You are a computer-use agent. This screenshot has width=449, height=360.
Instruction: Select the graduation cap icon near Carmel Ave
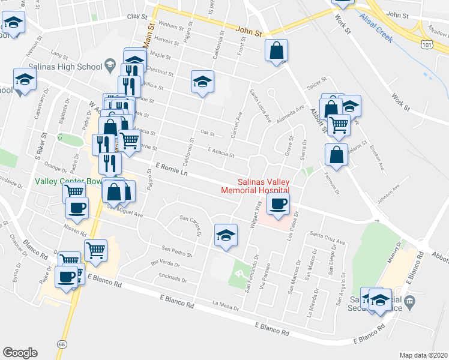tap(203, 81)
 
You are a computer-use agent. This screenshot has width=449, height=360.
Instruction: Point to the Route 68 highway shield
tap(62, 344)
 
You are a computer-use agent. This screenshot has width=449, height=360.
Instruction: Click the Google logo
tap(20, 353)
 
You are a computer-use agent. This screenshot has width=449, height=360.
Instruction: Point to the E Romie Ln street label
tap(172, 168)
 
